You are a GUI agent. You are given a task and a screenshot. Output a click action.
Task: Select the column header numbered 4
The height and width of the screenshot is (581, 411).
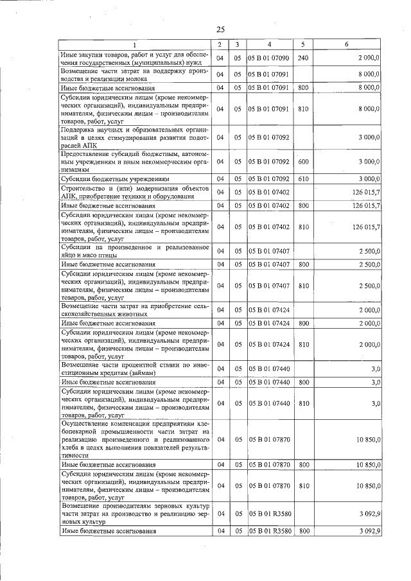point(269,44)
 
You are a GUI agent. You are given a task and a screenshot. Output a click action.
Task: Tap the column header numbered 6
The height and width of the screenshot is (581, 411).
point(347,44)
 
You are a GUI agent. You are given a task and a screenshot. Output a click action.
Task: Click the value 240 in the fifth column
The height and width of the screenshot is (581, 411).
point(304,58)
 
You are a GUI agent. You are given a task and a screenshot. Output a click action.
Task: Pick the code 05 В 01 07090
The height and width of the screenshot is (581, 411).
point(269,58)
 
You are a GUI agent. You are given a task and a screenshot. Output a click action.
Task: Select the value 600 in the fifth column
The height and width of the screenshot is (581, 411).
point(304,161)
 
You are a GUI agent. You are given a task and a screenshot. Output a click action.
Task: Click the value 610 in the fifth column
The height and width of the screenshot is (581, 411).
point(304,178)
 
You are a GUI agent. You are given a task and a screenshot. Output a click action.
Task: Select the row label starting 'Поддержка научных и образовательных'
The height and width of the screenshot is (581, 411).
point(134,137)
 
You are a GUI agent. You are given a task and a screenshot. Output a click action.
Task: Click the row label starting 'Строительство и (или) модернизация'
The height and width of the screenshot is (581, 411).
point(134,191)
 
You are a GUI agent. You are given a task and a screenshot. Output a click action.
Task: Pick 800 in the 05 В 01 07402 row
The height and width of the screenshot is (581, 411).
point(304,205)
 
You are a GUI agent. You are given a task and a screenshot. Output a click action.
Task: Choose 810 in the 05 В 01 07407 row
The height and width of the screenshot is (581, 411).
point(304,285)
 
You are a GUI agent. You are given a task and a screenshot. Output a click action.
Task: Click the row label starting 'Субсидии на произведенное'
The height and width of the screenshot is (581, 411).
point(134,250)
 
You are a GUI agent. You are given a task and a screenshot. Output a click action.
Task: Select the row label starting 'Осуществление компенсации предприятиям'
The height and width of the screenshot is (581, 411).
point(134,439)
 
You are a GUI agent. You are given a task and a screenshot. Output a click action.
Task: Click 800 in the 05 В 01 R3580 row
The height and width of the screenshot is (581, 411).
point(304,532)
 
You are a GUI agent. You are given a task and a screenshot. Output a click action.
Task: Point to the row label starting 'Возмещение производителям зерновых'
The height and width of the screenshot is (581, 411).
point(134,514)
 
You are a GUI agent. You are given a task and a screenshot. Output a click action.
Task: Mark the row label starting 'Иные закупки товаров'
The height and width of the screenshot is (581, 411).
point(134,58)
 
